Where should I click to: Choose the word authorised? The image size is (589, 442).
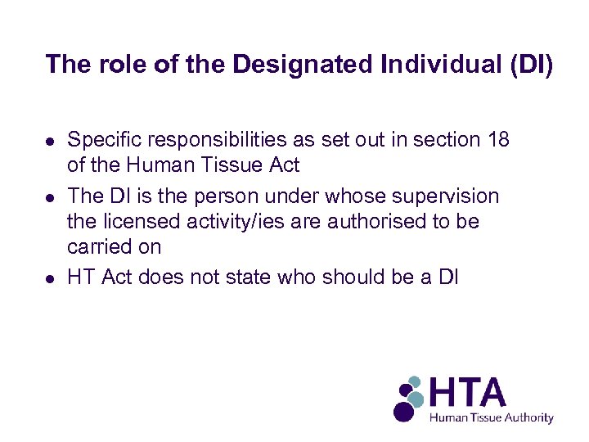[380, 222]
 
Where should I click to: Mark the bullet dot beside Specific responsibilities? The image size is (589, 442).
[51, 141]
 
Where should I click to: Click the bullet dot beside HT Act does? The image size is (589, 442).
[51, 278]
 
